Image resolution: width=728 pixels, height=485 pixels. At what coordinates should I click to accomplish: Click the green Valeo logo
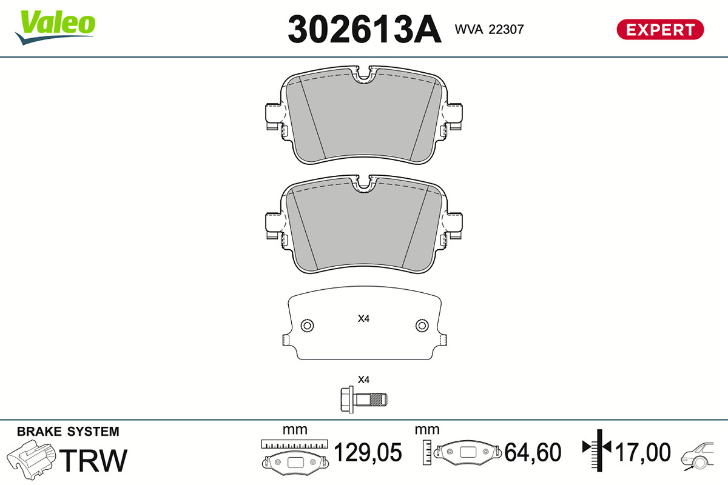[x=55, y=27]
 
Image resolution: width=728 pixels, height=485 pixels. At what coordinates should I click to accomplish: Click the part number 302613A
[x=365, y=29]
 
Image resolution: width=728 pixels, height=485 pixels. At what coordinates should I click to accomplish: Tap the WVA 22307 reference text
[x=489, y=30]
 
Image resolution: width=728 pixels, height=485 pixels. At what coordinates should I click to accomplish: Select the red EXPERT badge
[x=660, y=30]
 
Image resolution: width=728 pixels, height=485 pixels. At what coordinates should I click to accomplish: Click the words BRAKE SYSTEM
[x=68, y=432]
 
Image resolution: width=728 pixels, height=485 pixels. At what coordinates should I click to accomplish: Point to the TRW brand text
[x=93, y=460]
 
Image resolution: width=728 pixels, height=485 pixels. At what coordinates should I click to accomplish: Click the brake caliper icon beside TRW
[x=31, y=460]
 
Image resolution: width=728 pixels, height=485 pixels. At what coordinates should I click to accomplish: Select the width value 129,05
[x=368, y=452]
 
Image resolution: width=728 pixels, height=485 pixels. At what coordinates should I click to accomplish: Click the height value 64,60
[x=533, y=452]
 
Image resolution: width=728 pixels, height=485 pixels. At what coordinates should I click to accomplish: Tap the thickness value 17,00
[x=642, y=452]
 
